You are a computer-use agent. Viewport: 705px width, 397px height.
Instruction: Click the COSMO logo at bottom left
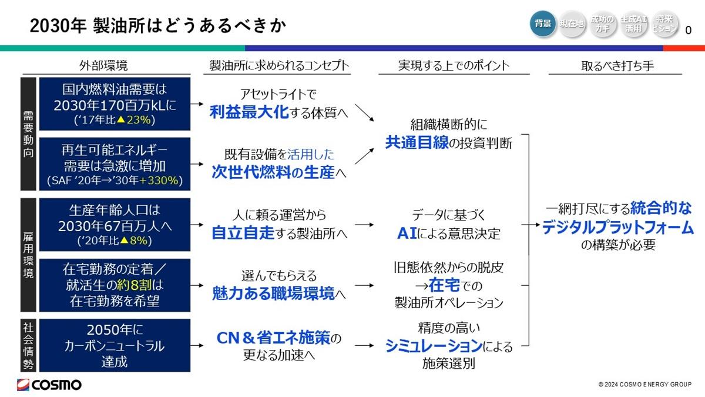(49, 385)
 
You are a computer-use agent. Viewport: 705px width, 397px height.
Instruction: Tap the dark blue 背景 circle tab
(543, 24)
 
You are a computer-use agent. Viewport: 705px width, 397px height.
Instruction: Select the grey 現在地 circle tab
(572, 24)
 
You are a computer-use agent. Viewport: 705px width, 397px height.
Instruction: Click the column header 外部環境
(103, 65)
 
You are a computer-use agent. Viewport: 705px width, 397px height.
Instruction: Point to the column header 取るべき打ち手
(617, 66)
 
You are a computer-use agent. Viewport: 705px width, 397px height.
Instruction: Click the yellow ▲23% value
(134, 120)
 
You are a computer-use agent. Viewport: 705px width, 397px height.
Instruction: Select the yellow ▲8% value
(134, 241)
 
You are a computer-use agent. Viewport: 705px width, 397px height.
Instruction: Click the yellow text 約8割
(134, 285)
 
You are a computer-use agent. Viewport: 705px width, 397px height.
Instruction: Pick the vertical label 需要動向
(28, 134)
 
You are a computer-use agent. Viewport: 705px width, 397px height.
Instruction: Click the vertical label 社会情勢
(28, 346)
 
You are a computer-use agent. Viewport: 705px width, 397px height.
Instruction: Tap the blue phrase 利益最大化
(249, 112)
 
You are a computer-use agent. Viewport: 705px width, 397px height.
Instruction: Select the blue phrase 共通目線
(417, 142)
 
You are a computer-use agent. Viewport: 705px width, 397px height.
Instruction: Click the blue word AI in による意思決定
(407, 233)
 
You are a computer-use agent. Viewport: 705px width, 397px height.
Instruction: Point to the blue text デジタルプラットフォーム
(618, 227)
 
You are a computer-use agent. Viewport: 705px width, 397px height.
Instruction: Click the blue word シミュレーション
(434, 346)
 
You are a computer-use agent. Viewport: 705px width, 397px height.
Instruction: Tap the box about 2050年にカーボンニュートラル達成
(115, 345)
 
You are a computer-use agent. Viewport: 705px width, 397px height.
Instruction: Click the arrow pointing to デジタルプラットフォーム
(531, 225)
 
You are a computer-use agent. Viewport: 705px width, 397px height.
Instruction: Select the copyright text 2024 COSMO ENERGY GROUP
(644, 385)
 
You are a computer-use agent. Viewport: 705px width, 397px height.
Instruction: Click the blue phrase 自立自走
(243, 233)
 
